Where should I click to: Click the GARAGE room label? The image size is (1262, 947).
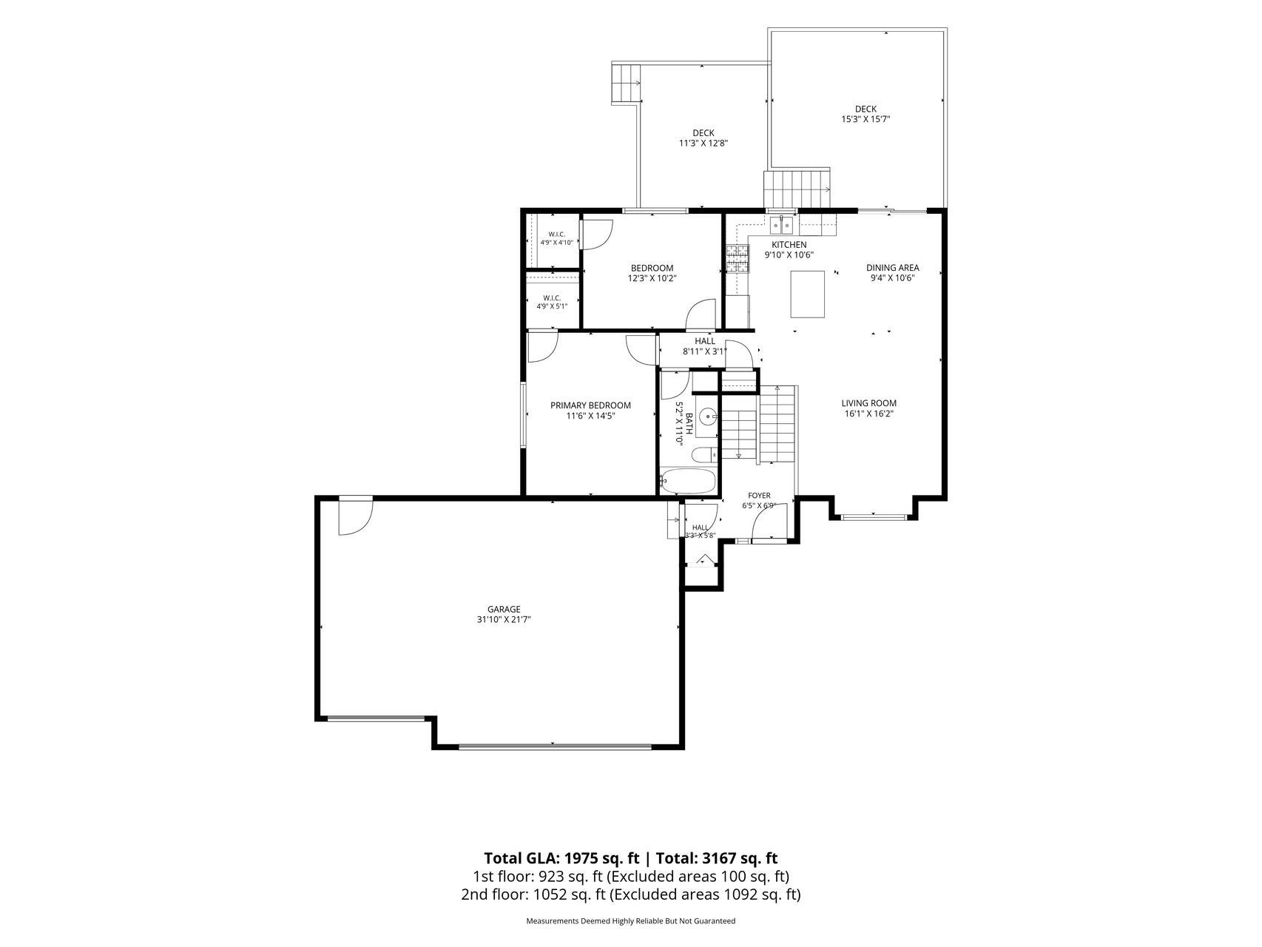coord(504,610)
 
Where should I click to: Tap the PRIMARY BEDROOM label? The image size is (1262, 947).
coord(590,405)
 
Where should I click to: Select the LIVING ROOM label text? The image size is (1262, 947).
coord(868,403)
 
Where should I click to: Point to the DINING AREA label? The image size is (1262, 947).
coord(893,268)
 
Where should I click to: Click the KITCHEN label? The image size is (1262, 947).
coord(789,245)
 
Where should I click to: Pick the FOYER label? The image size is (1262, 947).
coord(759,496)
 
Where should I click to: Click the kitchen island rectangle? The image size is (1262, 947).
coord(808,294)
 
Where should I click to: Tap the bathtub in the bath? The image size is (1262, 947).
coord(688,482)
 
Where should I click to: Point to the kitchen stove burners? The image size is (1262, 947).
coord(737,260)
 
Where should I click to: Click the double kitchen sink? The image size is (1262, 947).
coord(783,224)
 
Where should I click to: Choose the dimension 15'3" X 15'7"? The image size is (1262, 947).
coord(865,119)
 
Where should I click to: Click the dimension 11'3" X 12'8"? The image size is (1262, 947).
coord(703,144)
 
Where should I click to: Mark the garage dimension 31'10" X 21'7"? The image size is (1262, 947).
coord(504,620)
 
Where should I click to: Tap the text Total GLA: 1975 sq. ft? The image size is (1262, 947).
coord(562,858)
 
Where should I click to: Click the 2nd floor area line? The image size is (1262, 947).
coord(630,894)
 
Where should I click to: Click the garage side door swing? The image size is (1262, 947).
coord(355,516)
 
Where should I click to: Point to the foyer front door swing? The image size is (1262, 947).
coord(768,524)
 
